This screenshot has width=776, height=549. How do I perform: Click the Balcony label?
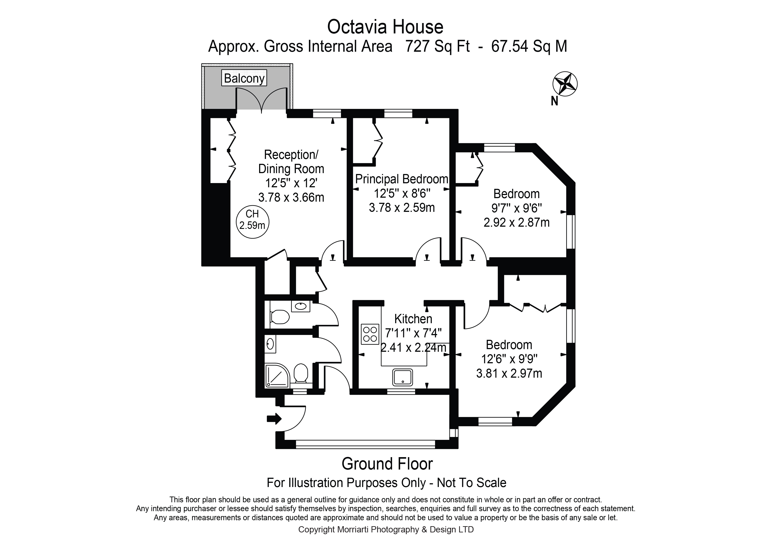[x=244, y=78]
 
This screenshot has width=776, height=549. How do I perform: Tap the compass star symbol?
[x=565, y=83]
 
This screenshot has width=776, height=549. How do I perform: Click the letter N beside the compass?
[x=554, y=101]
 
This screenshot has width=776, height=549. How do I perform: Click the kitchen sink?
[x=402, y=377]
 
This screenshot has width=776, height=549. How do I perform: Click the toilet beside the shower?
[x=300, y=373]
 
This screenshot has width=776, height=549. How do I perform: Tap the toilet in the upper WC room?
[x=280, y=317]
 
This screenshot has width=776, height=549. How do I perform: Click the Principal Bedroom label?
[x=402, y=179]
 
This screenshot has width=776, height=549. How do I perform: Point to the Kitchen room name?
[x=413, y=319]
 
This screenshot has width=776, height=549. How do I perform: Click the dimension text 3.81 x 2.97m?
[x=509, y=373]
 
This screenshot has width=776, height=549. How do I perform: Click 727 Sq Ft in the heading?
[x=437, y=46]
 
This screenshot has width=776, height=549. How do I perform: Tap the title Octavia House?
[x=385, y=27]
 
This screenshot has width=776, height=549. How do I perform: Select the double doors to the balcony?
[x=261, y=100]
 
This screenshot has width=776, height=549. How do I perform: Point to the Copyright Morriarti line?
[x=386, y=530]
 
